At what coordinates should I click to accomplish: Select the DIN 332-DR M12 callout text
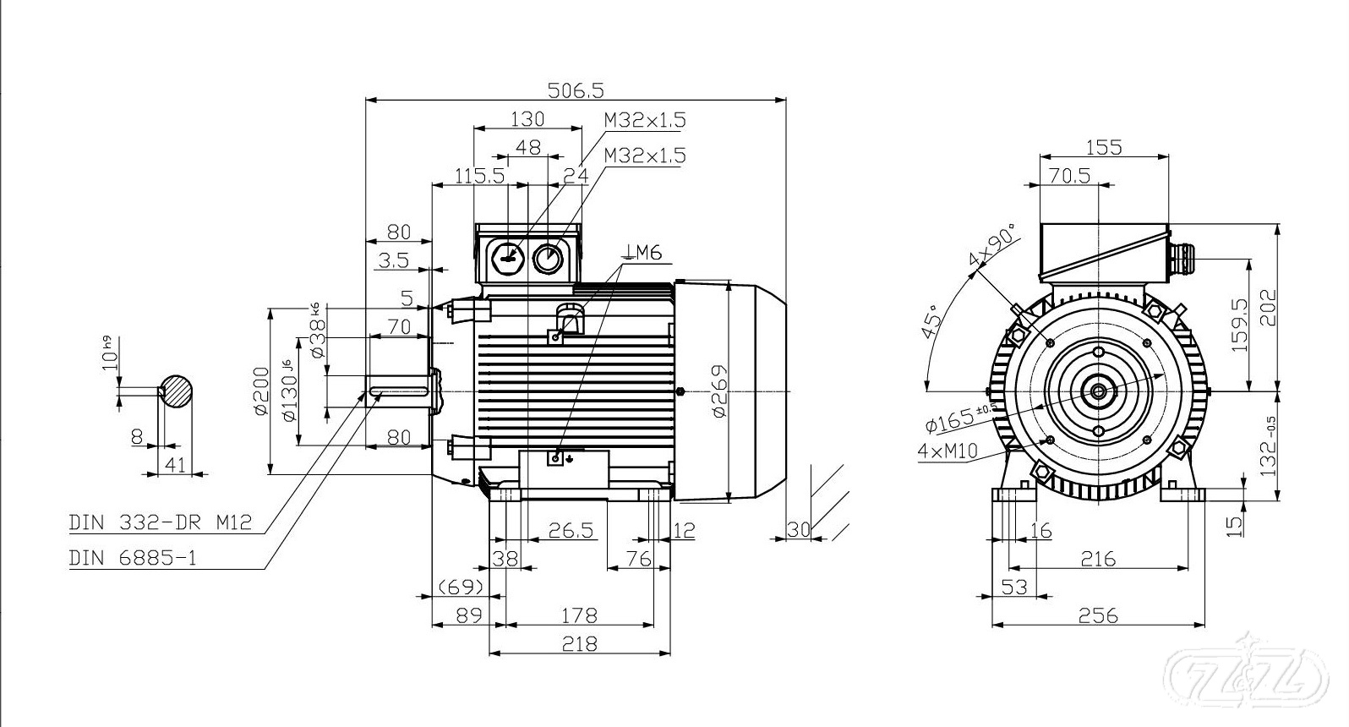[161, 522]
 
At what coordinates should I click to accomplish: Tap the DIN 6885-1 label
[133, 558]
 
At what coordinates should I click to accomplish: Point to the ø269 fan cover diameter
[718, 391]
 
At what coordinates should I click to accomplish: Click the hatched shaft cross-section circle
[176, 391]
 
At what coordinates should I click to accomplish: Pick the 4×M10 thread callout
[947, 451]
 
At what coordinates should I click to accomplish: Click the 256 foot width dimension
[1098, 615]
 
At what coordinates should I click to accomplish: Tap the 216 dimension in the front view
[1098, 558]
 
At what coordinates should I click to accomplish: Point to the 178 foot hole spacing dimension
[579, 615]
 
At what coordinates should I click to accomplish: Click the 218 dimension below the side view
[579, 643]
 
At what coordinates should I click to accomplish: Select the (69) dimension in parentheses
[461, 586]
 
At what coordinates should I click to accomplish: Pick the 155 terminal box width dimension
[1103, 147]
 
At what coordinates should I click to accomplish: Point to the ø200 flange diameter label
[260, 391]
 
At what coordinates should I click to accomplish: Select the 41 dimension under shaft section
[176, 464]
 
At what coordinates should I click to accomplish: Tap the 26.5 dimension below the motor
[571, 531]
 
